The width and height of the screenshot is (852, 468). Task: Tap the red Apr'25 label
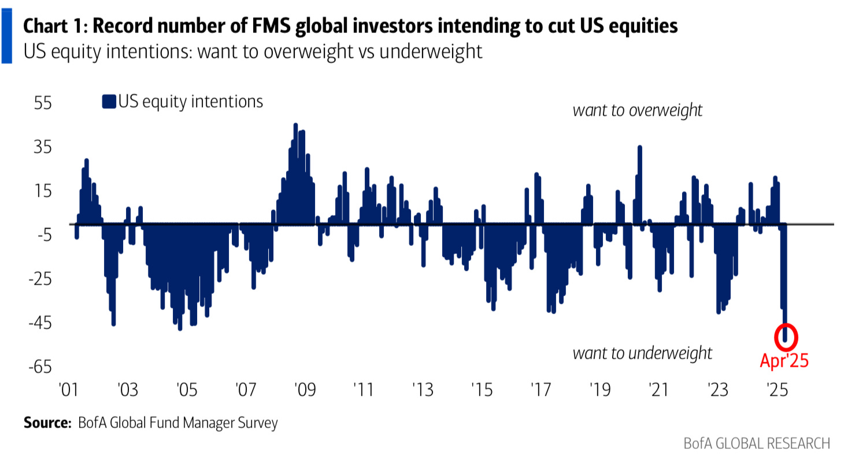click(x=783, y=361)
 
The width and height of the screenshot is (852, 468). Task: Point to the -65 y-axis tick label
click(x=40, y=367)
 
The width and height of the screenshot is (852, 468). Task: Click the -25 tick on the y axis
click(x=40, y=279)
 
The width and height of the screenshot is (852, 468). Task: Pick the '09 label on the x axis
click(x=304, y=388)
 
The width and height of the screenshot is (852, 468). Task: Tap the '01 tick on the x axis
click(x=68, y=388)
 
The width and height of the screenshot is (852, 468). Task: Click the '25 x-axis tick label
click(x=777, y=388)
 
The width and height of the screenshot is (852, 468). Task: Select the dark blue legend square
click(x=109, y=102)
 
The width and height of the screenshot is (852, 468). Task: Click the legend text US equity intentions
click(x=191, y=102)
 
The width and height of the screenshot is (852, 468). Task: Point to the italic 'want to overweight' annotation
click(x=637, y=110)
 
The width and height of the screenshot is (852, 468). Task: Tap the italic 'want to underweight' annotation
click(x=642, y=353)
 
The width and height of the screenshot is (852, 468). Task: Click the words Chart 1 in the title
click(x=54, y=27)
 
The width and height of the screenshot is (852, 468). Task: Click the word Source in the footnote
click(x=46, y=423)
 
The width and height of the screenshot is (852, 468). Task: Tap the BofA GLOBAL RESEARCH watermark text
click(x=757, y=444)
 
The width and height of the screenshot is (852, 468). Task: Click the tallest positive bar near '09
click(x=295, y=174)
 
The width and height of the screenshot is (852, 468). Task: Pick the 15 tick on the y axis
click(x=43, y=191)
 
